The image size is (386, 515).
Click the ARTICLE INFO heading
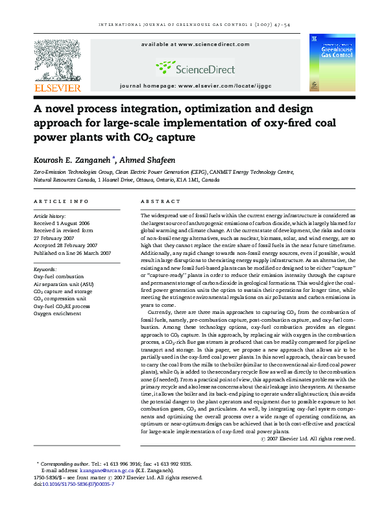click(x=61, y=202)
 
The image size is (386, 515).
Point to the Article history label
click(x=49, y=215)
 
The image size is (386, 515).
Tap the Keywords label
click(x=45, y=268)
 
